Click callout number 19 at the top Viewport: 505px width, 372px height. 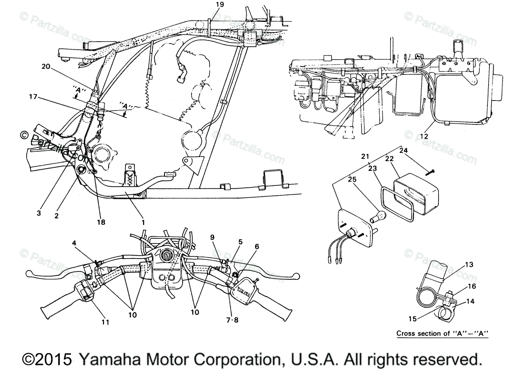click(x=220, y=5)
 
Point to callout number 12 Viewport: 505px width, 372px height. click(x=423, y=136)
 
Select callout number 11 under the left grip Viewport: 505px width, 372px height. click(x=105, y=322)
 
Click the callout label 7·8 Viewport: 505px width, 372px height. click(x=231, y=319)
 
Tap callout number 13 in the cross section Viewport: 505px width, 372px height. click(x=469, y=264)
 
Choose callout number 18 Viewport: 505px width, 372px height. click(x=101, y=222)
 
